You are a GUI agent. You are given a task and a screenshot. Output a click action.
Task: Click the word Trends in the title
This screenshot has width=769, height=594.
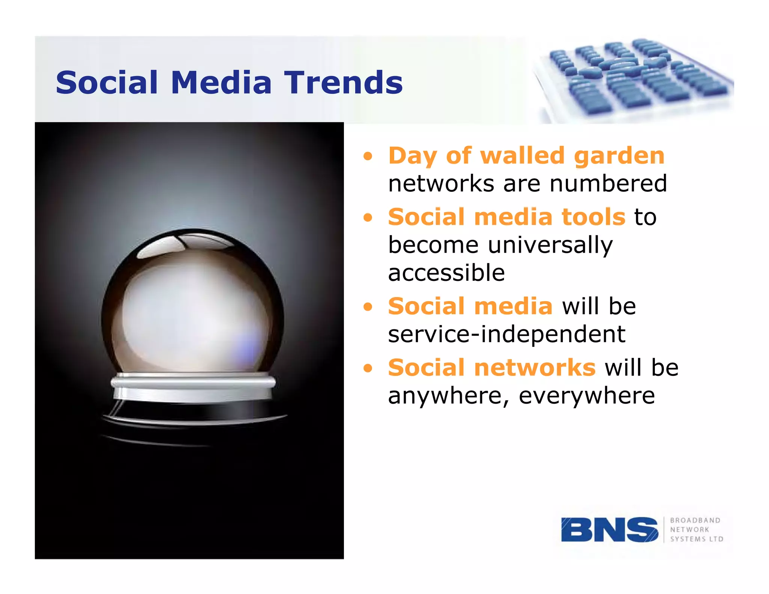[x=343, y=83]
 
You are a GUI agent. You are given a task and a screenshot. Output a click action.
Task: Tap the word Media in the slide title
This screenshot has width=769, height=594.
[x=221, y=83]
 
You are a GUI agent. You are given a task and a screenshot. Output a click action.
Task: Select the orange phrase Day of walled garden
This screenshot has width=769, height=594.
[x=526, y=155]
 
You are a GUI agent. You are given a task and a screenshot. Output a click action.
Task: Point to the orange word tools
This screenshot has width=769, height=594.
[x=593, y=217]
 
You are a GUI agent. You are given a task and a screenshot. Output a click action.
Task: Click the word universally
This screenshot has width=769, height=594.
[x=550, y=245]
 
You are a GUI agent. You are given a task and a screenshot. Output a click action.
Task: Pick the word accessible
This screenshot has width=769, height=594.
[x=446, y=273]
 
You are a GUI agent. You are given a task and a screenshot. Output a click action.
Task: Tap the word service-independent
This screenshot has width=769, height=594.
[x=507, y=334]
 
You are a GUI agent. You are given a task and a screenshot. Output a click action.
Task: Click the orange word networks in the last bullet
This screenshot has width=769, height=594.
[x=535, y=368]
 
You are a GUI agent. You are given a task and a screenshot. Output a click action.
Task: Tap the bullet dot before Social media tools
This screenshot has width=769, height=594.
[x=368, y=218]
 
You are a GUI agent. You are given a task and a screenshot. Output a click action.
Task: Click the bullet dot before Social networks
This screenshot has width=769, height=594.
[x=368, y=368]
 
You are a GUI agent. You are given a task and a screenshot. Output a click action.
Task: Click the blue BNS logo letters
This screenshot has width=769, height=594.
[x=609, y=529]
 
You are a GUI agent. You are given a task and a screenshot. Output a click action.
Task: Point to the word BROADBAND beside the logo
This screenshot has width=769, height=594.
[x=695, y=520]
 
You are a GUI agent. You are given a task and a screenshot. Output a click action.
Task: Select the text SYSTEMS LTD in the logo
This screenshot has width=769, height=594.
[x=697, y=539]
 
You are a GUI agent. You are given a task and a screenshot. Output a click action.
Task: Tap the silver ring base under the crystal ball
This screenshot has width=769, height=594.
[x=193, y=387]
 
